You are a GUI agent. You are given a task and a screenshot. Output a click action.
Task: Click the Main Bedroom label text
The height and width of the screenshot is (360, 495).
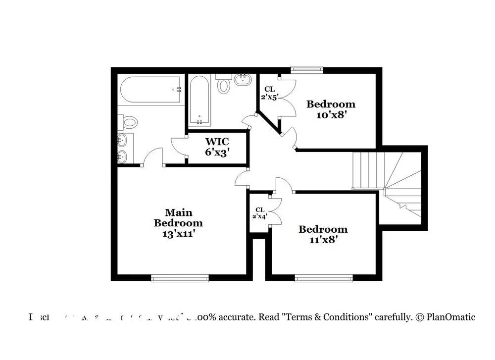coord(178,218)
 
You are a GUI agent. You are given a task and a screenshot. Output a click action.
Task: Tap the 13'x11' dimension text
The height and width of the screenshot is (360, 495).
coord(178,233)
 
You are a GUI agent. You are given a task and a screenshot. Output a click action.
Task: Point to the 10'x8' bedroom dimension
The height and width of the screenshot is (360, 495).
coord(331,115)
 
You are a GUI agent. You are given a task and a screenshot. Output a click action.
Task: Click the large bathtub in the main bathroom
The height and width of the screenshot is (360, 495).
coord(150,90)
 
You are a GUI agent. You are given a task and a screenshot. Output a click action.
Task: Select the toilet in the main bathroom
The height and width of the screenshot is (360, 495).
coord(130,121)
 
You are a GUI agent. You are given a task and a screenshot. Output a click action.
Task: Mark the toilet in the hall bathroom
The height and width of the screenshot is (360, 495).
coord(224,85)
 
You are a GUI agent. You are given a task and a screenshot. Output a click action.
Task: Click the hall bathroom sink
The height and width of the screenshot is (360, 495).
coord(244,79)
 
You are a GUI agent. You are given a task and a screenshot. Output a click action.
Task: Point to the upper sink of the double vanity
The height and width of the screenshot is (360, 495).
coord(123,141)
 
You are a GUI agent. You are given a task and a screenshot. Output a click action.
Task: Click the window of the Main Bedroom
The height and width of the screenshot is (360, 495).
coord(180,279)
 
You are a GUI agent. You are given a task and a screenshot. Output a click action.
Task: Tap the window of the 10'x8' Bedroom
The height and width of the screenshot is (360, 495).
coord(307,69)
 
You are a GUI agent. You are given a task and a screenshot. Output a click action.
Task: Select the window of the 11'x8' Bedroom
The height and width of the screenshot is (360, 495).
coord(324,279)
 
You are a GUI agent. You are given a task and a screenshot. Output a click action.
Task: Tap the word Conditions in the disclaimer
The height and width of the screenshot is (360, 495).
coord(349,317)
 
